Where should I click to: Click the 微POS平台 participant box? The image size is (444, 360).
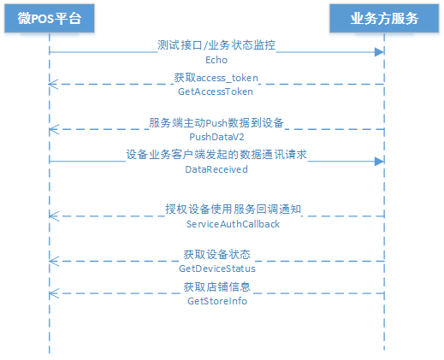50,18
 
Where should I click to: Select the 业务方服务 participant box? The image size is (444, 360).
384,18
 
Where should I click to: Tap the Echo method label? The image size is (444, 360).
216,60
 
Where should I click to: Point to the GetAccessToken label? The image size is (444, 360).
216,91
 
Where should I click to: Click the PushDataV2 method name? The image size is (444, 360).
216,137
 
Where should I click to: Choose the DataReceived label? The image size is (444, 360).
216,169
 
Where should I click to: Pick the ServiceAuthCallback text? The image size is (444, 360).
233,224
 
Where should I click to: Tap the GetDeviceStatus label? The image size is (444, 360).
217,269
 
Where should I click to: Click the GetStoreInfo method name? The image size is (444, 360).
217,301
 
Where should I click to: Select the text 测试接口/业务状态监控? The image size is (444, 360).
216,45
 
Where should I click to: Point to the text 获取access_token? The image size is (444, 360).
216,78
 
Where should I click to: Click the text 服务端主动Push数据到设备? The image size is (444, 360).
216,123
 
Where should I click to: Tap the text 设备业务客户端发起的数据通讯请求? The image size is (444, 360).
216,155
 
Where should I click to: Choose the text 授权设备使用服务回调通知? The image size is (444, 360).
233,210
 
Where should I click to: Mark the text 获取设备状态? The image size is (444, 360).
216,254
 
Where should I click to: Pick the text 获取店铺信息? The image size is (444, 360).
216,286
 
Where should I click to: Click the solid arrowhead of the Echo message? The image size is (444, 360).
380,52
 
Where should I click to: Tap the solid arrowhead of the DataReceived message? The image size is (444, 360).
380,162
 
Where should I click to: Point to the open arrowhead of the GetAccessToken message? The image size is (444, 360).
53,84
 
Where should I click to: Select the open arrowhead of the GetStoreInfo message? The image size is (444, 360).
54,293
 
